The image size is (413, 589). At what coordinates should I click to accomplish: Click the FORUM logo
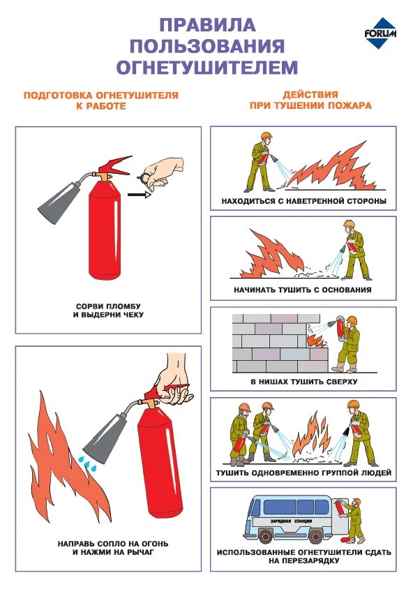(x=380, y=33)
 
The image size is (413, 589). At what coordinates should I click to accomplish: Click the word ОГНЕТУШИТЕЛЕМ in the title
(x=207, y=67)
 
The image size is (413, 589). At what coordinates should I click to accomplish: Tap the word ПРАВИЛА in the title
(x=208, y=25)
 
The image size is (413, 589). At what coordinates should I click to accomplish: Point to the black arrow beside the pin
(x=140, y=195)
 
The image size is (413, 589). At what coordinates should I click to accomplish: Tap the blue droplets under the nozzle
(x=87, y=463)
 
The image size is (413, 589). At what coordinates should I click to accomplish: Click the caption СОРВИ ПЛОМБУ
(x=108, y=306)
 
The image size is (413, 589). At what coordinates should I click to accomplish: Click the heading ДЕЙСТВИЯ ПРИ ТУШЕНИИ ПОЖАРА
(x=310, y=100)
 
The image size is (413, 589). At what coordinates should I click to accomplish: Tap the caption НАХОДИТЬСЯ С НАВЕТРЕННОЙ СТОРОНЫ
(x=303, y=201)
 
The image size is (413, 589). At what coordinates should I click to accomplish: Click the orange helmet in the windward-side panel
(x=266, y=135)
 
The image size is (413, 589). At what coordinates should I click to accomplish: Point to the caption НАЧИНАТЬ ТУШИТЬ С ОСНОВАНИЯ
(x=303, y=290)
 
